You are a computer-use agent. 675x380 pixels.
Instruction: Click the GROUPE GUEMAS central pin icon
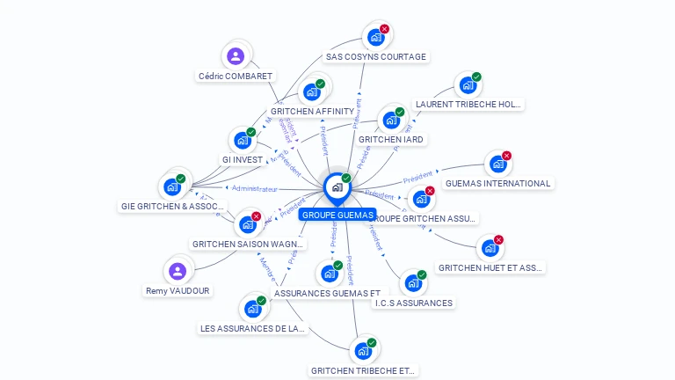pos(337,186)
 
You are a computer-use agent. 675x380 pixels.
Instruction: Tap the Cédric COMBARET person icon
pos(235,56)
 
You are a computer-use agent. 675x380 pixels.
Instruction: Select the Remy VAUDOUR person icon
pos(178,271)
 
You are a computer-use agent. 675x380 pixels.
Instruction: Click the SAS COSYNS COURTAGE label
pos(376,57)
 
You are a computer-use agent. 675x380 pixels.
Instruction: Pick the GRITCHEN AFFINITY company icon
pos(310,92)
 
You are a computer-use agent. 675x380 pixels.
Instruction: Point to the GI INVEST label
pos(243,160)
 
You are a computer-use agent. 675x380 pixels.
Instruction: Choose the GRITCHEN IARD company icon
pos(390,121)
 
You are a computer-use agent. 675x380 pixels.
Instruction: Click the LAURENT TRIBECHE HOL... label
pos(468,105)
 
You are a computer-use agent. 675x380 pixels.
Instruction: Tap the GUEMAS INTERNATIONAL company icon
pos(497,164)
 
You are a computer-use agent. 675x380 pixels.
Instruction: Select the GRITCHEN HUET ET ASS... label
pos(490,267)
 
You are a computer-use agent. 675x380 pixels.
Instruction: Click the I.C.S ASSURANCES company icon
pos(412,283)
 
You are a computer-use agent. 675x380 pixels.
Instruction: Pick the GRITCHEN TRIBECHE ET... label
pos(363,370)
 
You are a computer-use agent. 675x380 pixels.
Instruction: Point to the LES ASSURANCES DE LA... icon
pos(252,309)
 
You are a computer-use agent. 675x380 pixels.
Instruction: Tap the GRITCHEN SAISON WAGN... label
pos(248,244)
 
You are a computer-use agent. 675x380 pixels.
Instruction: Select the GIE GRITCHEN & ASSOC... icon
pos(171,187)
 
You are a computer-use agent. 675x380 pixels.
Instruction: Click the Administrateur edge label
pos(255,188)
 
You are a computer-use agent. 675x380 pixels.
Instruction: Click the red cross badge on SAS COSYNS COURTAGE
pos(384,29)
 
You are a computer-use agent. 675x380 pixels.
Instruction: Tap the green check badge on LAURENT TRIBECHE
pos(476,77)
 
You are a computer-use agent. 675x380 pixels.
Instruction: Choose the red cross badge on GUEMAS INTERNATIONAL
pos(506,156)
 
